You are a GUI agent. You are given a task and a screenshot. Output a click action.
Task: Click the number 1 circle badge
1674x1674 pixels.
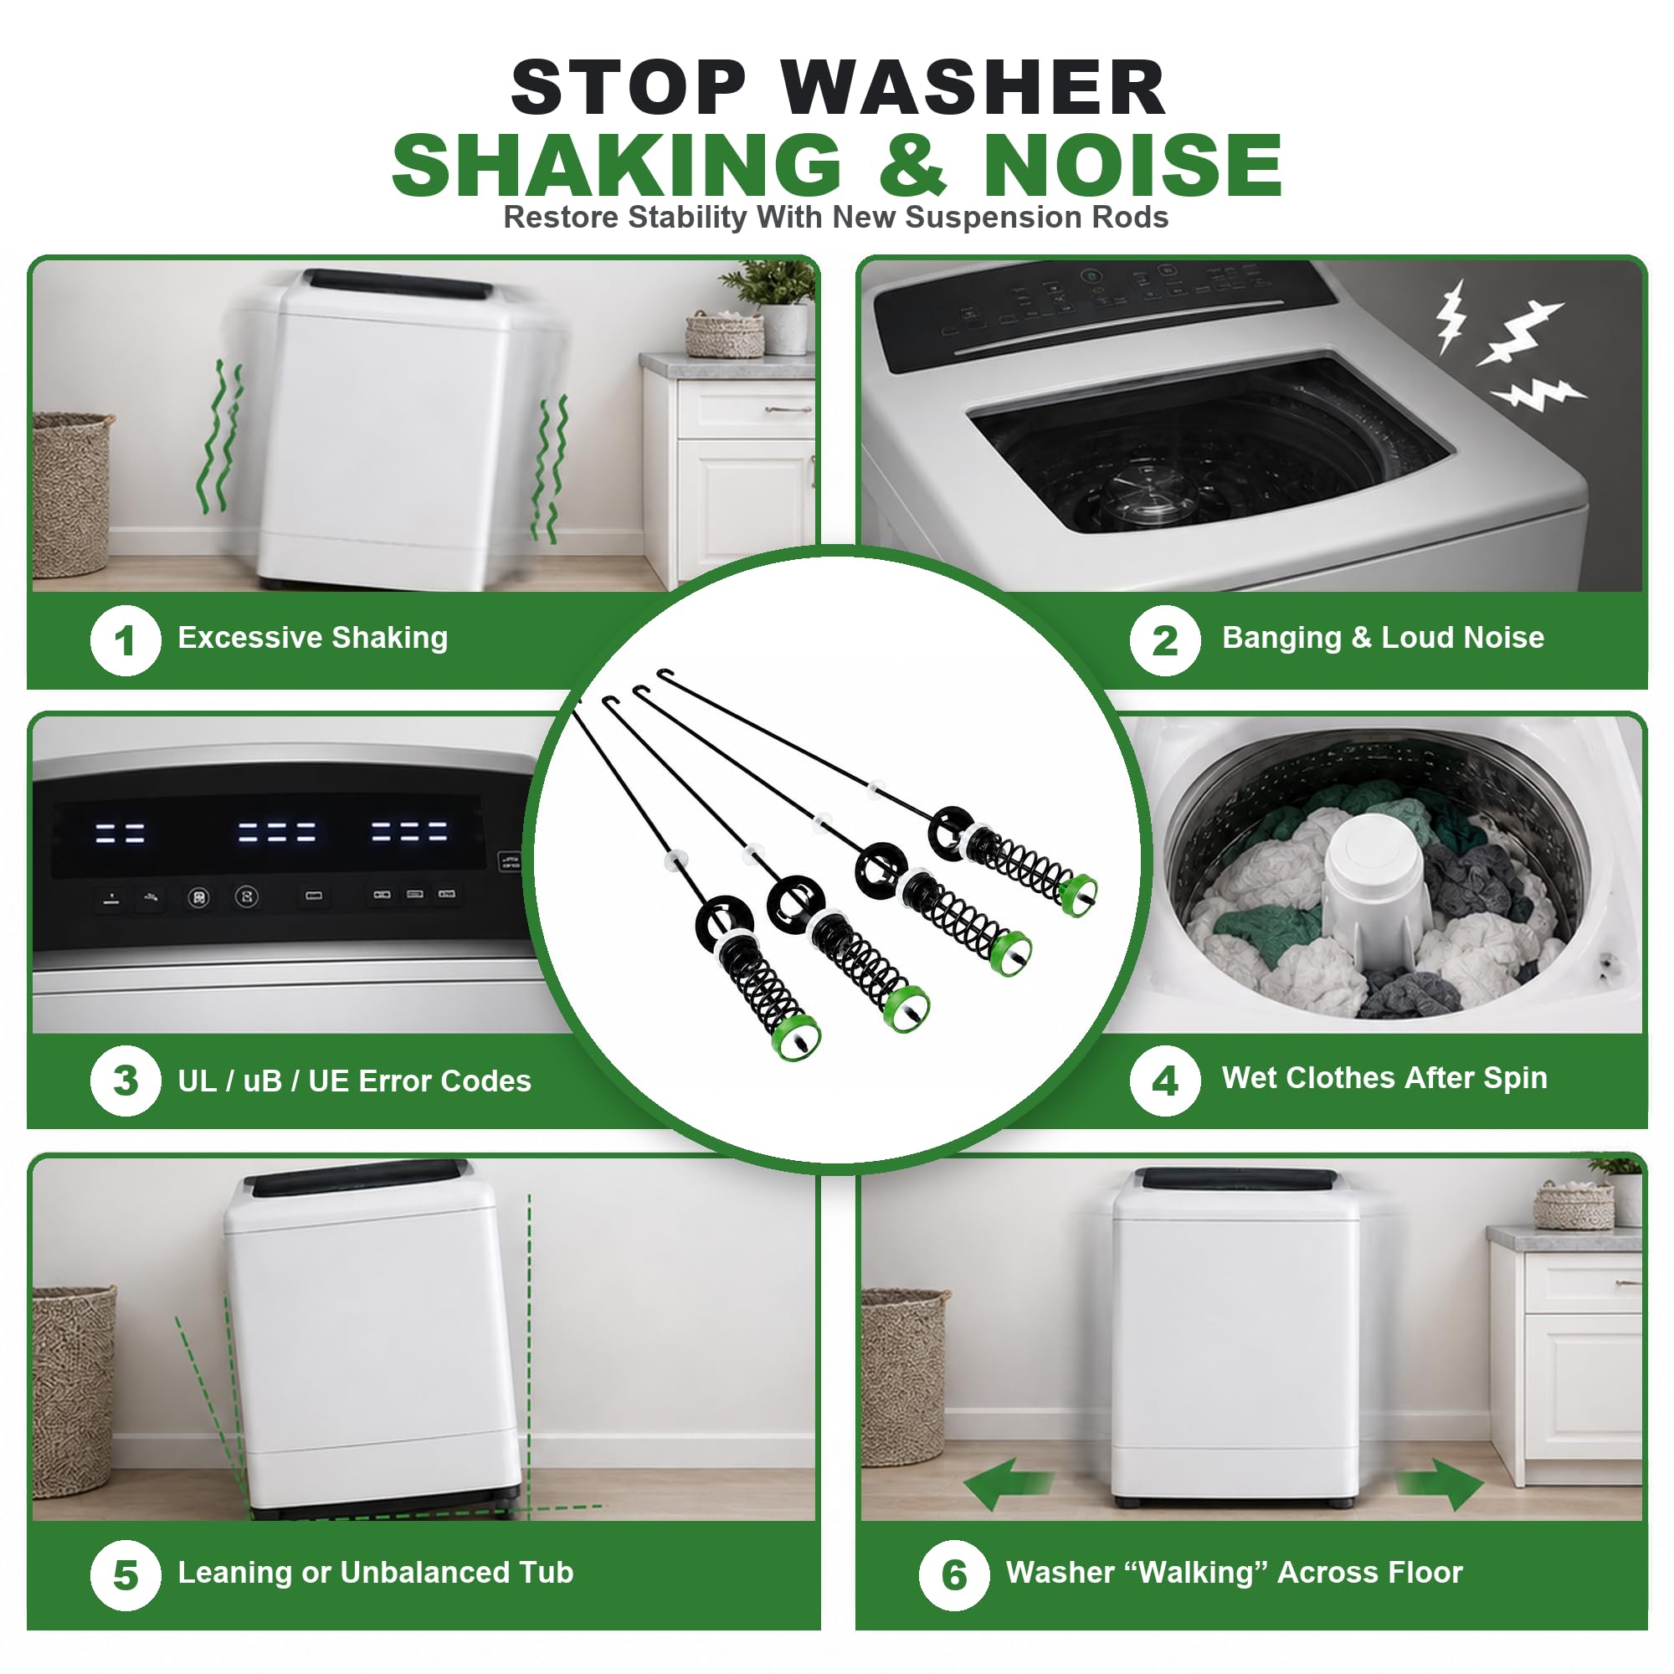coord(126,640)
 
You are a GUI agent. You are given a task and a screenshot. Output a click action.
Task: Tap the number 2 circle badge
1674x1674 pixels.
coord(1164,640)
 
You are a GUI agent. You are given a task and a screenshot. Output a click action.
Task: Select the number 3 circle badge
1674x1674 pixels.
coord(126,1081)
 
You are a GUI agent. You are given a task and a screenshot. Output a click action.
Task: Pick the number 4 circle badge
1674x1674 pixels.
coord(1164,1081)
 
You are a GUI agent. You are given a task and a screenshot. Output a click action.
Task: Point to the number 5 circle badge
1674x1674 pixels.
coord(126,1575)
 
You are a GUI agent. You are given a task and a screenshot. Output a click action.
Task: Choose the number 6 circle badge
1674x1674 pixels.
coord(954,1575)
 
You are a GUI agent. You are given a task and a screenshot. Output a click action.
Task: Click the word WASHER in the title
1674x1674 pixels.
coord(974,88)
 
